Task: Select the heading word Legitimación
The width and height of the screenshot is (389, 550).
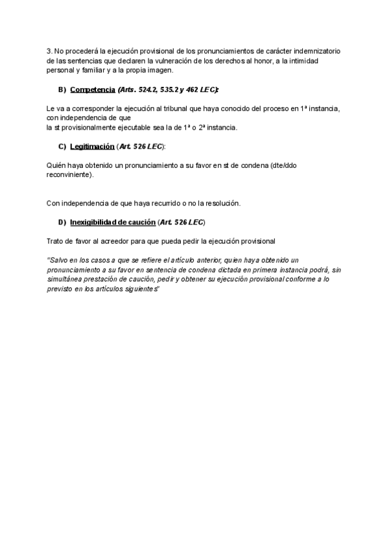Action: pyautogui.click(x=91, y=147)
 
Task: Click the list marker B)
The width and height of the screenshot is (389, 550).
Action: pyautogui.click(x=62, y=89)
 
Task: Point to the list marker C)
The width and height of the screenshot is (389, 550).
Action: pyautogui.click(x=62, y=147)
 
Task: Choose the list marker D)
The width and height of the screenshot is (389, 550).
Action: pyautogui.click(x=62, y=222)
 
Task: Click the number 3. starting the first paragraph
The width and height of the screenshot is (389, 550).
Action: pyautogui.click(x=50, y=51)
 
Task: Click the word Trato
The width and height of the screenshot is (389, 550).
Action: pyautogui.click(x=56, y=241)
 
